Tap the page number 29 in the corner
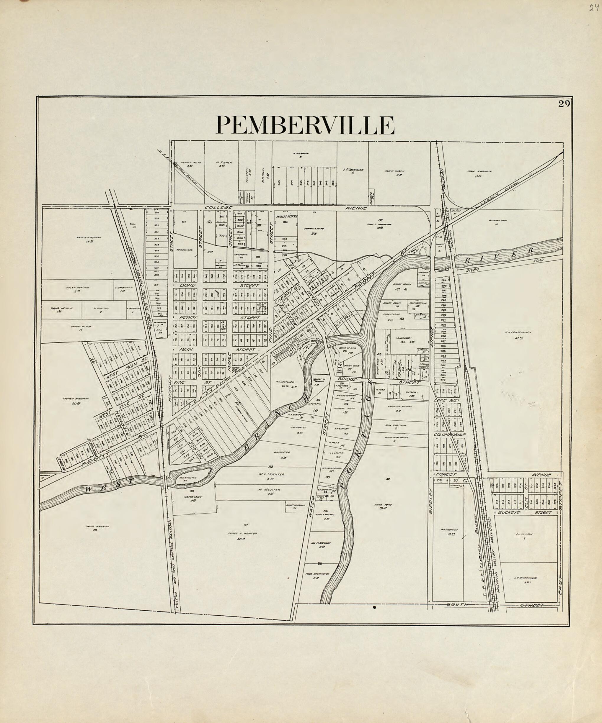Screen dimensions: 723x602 tap(565, 104)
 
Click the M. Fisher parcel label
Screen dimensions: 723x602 tap(223, 163)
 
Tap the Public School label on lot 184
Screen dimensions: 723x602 tap(286, 216)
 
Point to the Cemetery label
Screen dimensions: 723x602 tap(194, 496)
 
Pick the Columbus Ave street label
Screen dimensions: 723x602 tap(449, 435)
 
